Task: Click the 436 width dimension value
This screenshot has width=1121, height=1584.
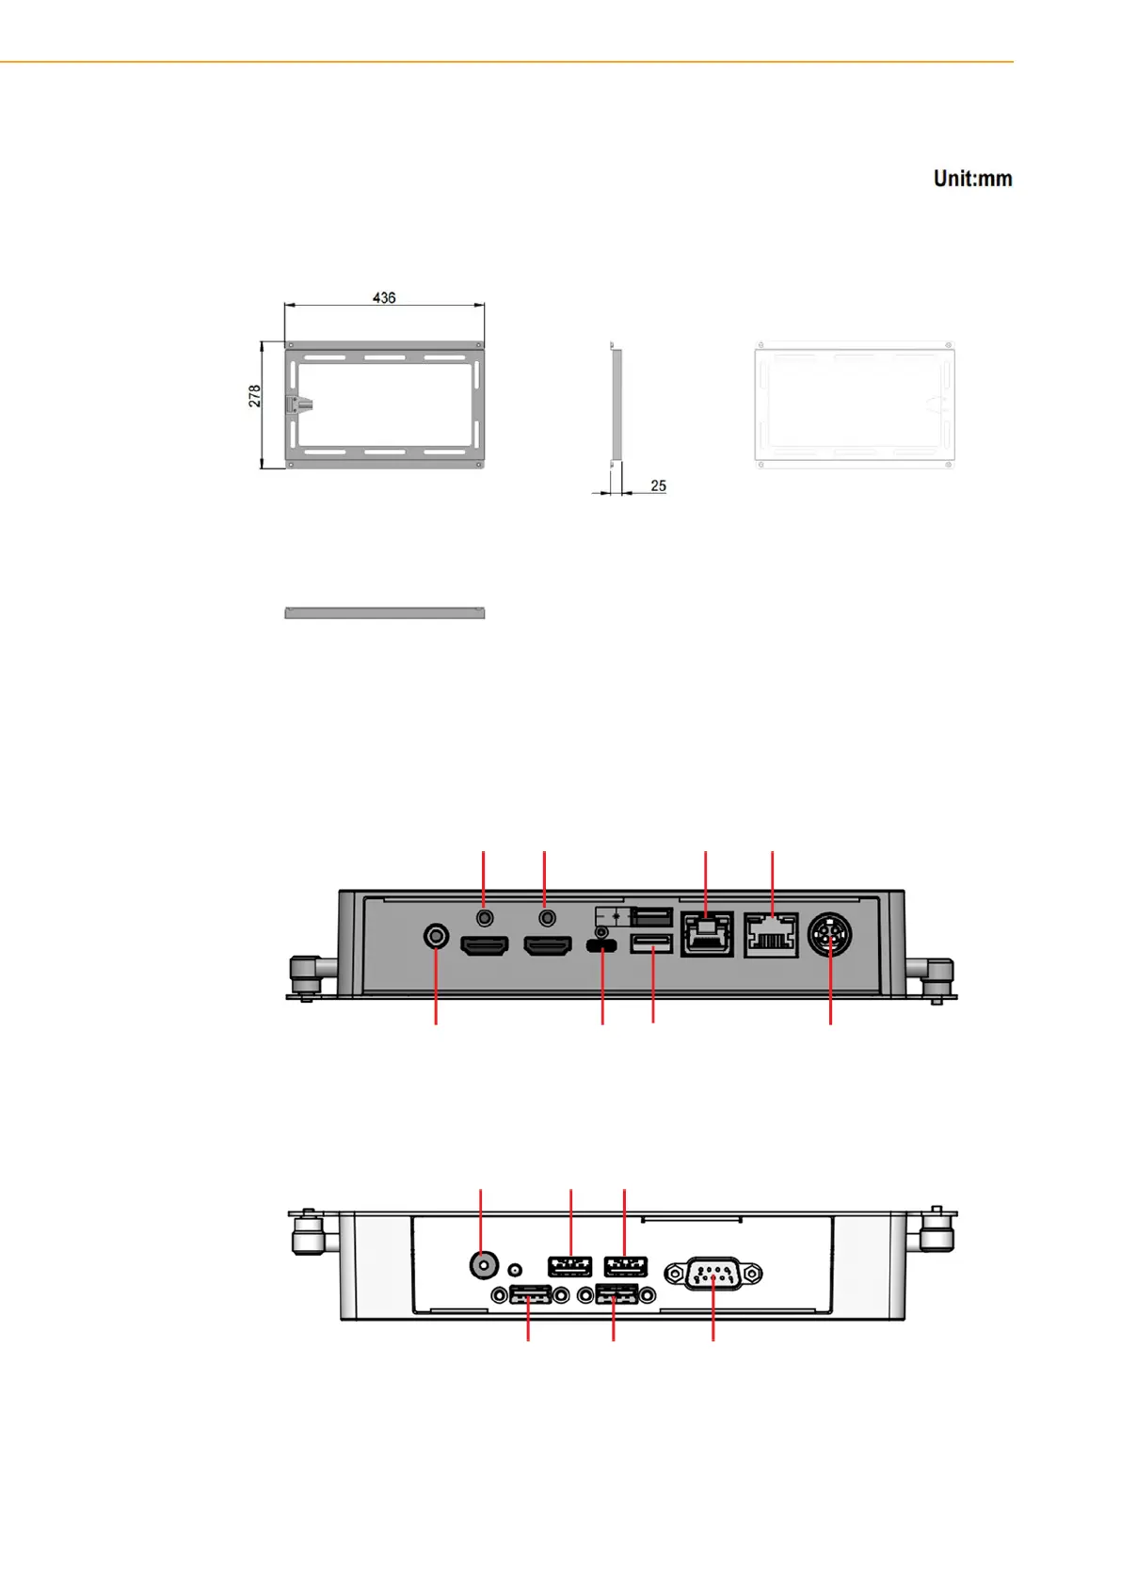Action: point(384,298)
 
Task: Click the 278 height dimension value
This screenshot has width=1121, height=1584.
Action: point(254,396)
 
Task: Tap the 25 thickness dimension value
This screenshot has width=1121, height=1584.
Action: point(658,485)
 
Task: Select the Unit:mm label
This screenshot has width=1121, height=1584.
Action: point(972,178)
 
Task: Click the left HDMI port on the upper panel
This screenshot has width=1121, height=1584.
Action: point(484,945)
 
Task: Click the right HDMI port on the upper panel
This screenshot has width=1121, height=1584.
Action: point(547,945)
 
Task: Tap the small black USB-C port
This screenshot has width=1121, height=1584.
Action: point(601,945)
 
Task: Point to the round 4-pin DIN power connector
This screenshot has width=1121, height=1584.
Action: point(830,935)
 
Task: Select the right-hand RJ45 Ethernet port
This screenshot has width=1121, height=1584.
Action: point(772,935)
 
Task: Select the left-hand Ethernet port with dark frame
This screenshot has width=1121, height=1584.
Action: point(707,934)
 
